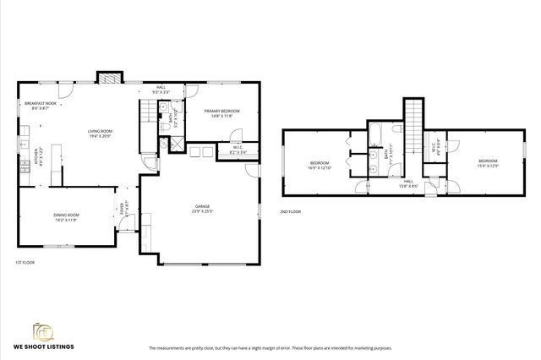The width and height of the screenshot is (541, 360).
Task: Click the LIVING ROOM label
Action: (101, 134)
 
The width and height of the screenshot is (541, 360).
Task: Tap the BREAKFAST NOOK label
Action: (40, 106)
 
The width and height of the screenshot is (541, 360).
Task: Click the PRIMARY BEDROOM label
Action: (222, 113)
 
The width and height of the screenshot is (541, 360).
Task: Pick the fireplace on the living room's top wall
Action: (108, 79)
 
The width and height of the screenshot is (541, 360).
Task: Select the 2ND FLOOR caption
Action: (290, 211)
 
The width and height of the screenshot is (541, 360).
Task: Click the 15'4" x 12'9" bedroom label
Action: (488, 163)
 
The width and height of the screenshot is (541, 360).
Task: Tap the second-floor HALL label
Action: (407, 183)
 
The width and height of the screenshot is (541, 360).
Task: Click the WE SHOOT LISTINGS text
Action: (47, 347)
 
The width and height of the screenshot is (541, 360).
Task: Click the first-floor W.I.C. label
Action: (239, 150)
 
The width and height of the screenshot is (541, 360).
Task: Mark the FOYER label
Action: (123, 208)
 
